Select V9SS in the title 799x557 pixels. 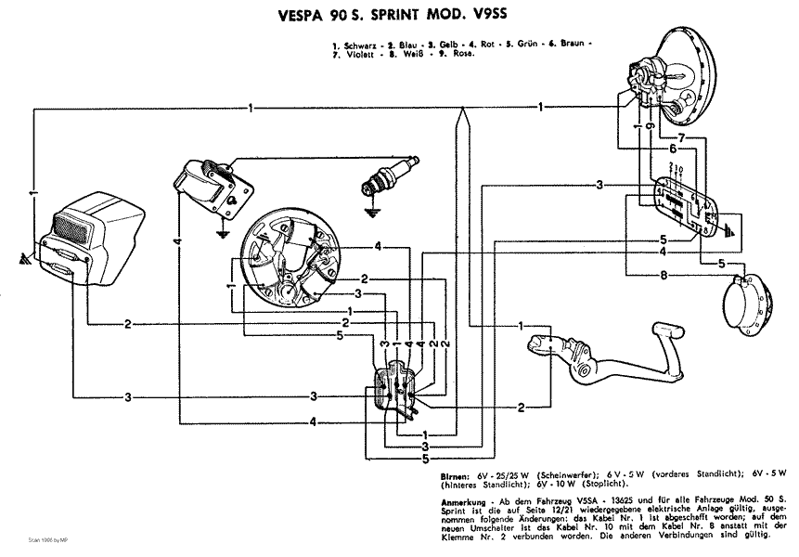pyautogui.click(x=496, y=16)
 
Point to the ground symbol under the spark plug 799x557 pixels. pyautogui.click(x=371, y=212)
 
